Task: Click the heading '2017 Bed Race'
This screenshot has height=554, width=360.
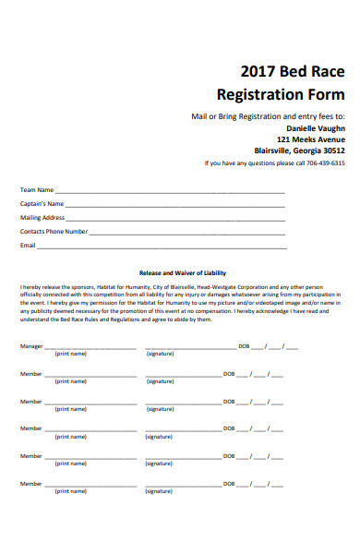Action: (292, 72)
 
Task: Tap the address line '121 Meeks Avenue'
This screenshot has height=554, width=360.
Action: (310, 139)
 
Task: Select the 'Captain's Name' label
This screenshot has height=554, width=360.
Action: (42, 204)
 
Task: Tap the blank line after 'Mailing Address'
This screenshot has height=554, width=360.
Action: (175, 219)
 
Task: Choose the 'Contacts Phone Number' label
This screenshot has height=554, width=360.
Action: (54, 232)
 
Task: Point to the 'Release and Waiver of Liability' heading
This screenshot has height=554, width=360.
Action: (182, 273)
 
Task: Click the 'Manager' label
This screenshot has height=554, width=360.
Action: (31, 346)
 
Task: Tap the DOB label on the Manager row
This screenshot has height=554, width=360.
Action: (244, 346)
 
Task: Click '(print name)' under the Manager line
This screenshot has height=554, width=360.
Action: (70, 354)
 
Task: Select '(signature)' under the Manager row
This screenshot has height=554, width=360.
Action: (160, 354)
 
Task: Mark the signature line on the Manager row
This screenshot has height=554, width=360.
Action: (190, 348)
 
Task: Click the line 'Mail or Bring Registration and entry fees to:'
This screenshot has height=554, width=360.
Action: (268, 116)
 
